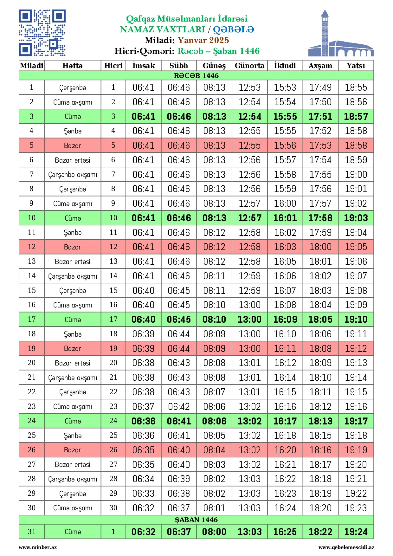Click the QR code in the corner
[42, 33]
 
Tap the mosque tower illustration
[325, 33]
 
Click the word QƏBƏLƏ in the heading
[233, 29]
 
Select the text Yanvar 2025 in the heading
[203, 40]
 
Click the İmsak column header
[144, 66]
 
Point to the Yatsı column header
[356, 66]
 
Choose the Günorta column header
[249, 66]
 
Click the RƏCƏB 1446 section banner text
[196, 75]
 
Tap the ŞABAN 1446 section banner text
[196, 520]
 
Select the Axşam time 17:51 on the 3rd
[320, 117]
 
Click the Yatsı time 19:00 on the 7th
[356, 175]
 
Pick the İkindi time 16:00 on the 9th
[285, 204]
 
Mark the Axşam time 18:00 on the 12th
[320, 247]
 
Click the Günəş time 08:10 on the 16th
[214, 305]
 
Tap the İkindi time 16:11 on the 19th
[285, 349]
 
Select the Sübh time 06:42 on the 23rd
[179, 407]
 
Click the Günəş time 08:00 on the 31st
[214, 532]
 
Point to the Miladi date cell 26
[32, 450]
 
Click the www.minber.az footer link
[38, 547]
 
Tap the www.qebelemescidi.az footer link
[346, 547]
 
